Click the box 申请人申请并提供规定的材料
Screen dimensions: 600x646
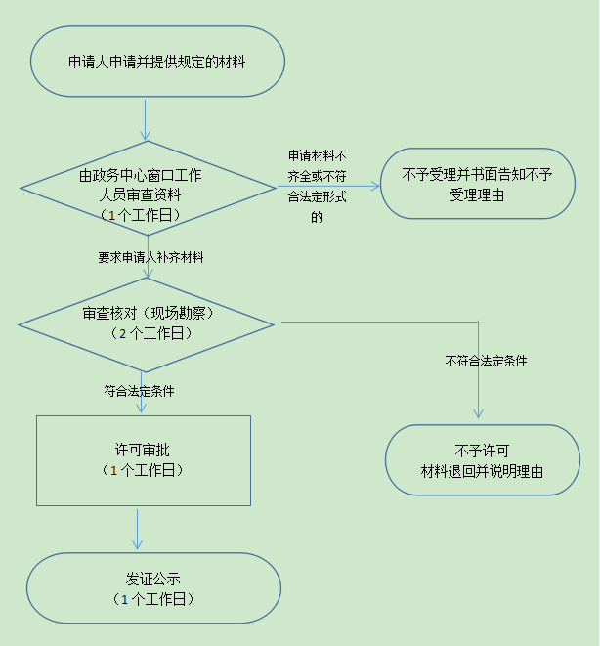click(157, 62)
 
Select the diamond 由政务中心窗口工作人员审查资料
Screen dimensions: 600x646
click(148, 188)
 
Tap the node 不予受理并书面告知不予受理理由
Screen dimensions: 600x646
click(478, 184)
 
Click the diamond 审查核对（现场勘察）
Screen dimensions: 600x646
click(147, 324)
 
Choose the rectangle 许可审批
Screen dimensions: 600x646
click(144, 460)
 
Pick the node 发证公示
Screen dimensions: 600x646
click(153, 588)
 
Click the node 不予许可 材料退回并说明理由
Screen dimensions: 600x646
click(483, 459)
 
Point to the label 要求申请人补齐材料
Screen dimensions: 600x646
click(150, 257)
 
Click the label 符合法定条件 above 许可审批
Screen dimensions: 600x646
click(139, 391)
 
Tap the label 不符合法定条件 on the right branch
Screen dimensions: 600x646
click(486, 361)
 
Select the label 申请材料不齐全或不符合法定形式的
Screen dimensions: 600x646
click(317, 187)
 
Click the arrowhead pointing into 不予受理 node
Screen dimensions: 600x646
click(375, 187)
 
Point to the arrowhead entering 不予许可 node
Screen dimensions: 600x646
click(478, 414)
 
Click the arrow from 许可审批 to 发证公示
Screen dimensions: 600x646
click(137, 530)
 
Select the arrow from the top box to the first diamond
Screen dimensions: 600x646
click(145, 120)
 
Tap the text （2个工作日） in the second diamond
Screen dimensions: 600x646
click(151, 333)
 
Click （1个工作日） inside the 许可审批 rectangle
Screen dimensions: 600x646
click(143, 470)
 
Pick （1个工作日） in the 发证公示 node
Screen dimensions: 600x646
click(153, 599)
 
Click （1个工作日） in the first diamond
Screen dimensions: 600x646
click(140, 215)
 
